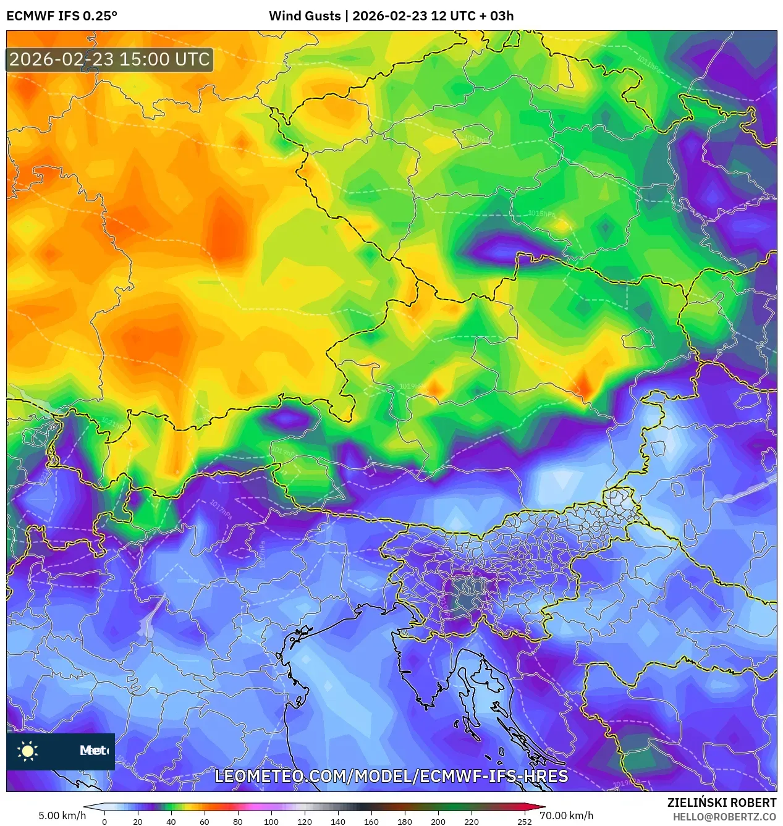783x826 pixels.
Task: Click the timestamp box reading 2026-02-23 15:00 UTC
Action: (x=109, y=59)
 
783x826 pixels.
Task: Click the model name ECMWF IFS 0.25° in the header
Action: (x=62, y=16)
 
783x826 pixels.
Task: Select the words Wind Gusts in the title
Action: (x=304, y=16)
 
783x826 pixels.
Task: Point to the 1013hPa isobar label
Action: (x=475, y=138)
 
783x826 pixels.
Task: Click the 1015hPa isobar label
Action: (x=541, y=214)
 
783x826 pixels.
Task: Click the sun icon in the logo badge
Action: (x=28, y=751)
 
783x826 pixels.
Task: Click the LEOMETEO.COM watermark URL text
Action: (x=391, y=776)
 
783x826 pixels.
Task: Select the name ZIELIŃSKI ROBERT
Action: (x=721, y=803)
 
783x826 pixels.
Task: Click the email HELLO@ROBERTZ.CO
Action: (x=724, y=817)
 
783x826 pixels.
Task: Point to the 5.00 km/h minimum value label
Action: (x=62, y=815)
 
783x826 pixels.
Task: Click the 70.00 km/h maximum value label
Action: (x=566, y=815)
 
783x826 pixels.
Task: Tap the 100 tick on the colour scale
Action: (x=271, y=822)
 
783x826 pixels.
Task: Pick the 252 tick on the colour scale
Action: (x=524, y=822)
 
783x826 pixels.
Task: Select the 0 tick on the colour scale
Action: (x=104, y=822)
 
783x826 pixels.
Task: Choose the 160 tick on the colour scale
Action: (x=371, y=822)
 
